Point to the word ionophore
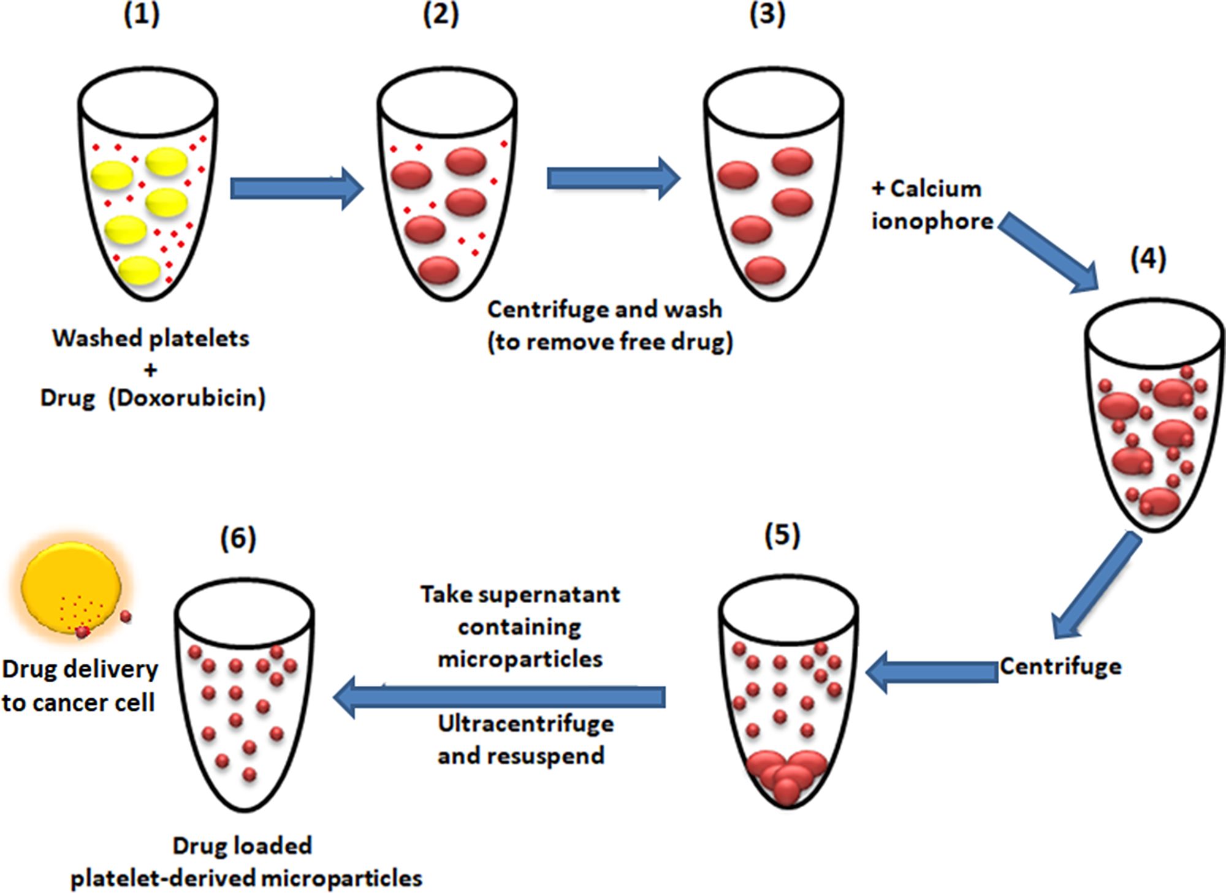coord(932,221)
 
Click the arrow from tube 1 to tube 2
coord(297,188)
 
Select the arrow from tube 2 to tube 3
coord(613,178)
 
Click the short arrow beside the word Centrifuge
coord(932,672)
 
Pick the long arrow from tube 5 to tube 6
coord(500,697)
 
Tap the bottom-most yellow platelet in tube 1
coord(140,270)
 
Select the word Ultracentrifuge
coord(525,724)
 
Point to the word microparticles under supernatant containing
coord(520,659)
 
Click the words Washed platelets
coord(151,338)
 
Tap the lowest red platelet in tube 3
coord(766,269)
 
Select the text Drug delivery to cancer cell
coord(80,685)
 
